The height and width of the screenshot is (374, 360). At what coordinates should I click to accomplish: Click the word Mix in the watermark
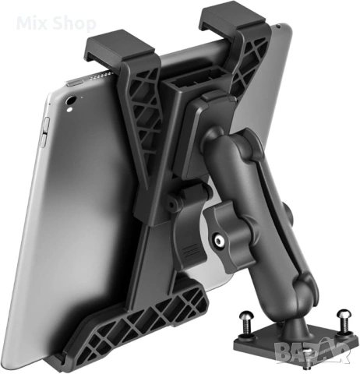(x=32, y=23)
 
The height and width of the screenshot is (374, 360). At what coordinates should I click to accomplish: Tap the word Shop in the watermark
(x=74, y=24)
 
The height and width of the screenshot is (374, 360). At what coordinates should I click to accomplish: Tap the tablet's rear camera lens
(x=71, y=101)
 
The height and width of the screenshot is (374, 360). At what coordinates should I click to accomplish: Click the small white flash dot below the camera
(x=69, y=110)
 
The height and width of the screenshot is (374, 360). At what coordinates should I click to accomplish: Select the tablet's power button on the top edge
(x=75, y=83)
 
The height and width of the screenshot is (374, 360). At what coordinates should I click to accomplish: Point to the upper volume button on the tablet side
(x=46, y=125)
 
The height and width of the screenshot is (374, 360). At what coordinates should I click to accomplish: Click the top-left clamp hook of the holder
(x=119, y=48)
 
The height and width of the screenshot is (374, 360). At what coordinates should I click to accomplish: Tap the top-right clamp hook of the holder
(x=231, y=19)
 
